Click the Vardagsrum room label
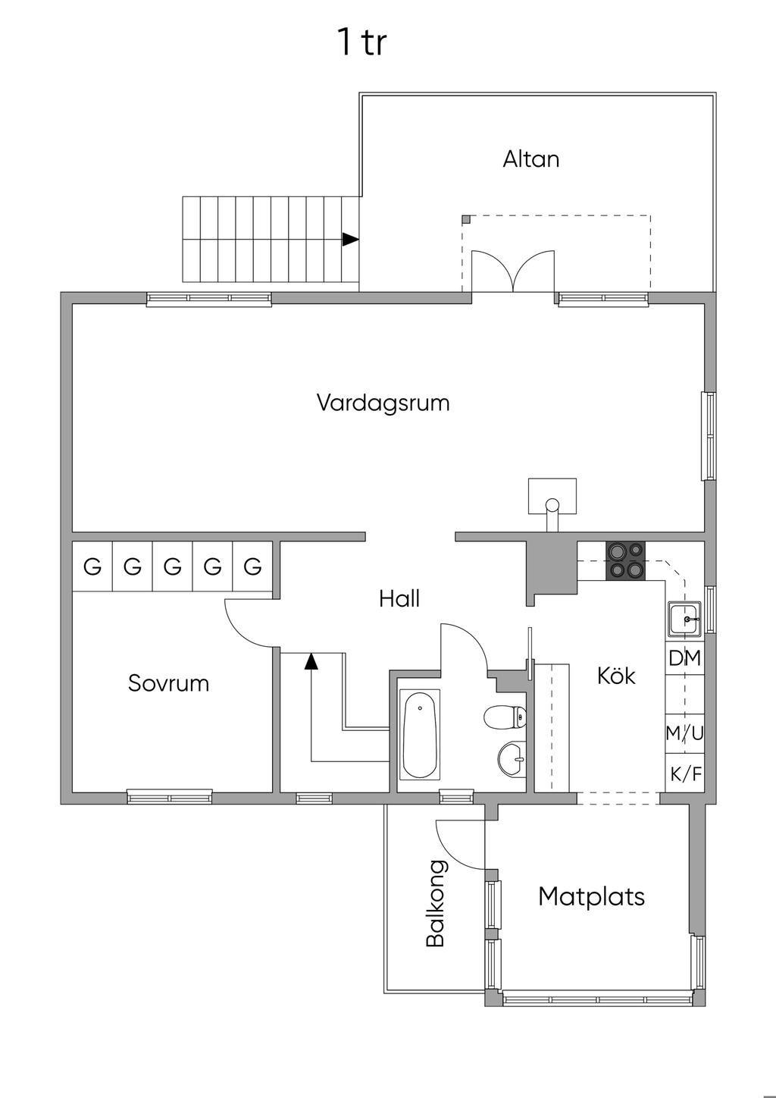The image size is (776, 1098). (x=383, y=402)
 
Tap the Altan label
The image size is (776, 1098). (x=531, y=159)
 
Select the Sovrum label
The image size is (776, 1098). (x=168, y=683)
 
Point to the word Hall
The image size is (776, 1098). (x=399, y=599)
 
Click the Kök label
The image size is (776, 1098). (x=616, y=675)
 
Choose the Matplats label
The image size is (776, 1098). (x=591, y=896)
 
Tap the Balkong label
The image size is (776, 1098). (x=435, y=903)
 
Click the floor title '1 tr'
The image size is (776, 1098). (x=362, y=42)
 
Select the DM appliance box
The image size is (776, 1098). (x=685, y=658)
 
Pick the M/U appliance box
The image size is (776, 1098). (x=685, y=733)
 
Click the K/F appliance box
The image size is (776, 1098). (x=685, y=775)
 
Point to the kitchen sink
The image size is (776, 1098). (x=685, y=620)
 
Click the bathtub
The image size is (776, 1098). (x=419, y=733)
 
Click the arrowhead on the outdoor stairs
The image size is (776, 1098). (x=349, y=239)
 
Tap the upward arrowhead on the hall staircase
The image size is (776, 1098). (x=311, y=661)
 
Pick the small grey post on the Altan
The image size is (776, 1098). (x=466, y=219)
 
